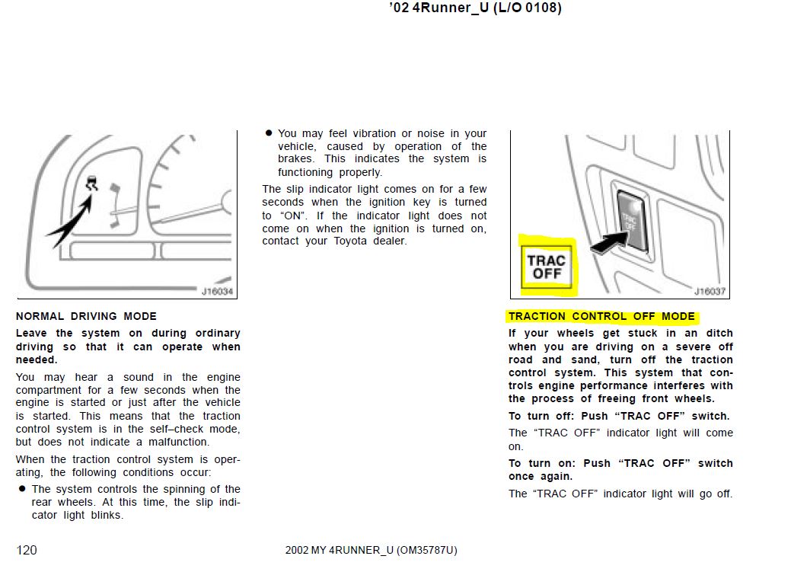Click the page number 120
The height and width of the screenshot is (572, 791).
pyautogui.click(x=26, y=550)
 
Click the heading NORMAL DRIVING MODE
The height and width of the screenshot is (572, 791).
pyautogui.click(x=86, y=316)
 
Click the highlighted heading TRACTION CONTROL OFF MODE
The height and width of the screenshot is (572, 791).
pyautogui.click(x=601, y=316)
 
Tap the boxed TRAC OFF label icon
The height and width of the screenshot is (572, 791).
pyautogui.click(x=547, y=267)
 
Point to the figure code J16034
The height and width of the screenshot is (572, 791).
pyautogui.click(x=217, y=291)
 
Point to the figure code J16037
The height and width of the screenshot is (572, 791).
pyautogui.click(x=710, y=291)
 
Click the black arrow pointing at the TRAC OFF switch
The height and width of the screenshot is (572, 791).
pyautogui.click(x=609, y=242)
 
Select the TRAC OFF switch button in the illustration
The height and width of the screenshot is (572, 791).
pyautogui.click(x=633, y=220)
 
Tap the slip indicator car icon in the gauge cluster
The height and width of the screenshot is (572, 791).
pyautogui.click(x=91, y=184)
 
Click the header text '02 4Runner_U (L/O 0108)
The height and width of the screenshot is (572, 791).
pyautogui.click(x=475, y=8)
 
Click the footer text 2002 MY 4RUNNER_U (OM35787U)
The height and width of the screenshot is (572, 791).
pyautogui.click(x=372, y=550)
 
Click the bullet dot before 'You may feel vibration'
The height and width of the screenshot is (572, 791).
pyautogui.click(x=269, y=133)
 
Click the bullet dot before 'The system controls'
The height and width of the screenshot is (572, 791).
pyautogui.click(x=22, y=489)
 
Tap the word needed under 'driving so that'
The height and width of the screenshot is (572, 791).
pyautogui.click(x=37, y=359)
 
